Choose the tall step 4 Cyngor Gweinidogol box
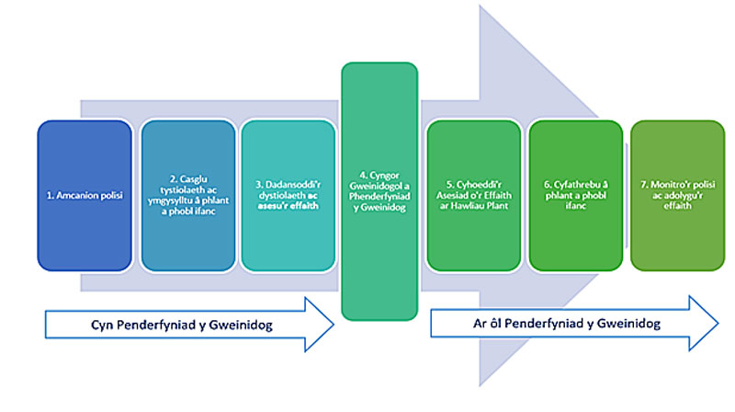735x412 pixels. click(x=379, y=190)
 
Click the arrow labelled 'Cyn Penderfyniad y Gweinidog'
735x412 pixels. click(x=188, y=324)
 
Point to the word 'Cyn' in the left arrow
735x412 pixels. click(x=102, y=324)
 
